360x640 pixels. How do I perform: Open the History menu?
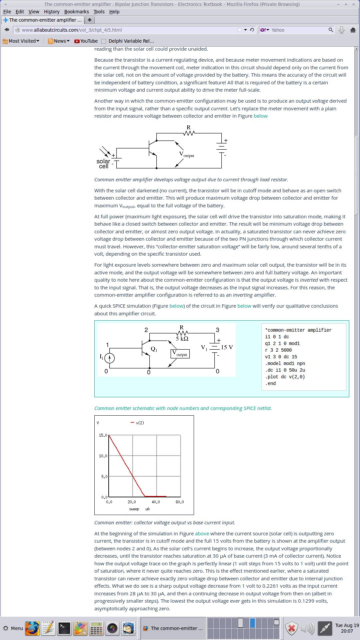coord(52,12)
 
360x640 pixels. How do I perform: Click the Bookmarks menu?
coord(77,12)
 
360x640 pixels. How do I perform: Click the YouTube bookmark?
coord(86,41)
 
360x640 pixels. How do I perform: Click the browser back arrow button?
coord(7,30)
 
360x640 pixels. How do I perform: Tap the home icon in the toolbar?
coord(353,30)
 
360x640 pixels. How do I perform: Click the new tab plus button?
coord(89,20)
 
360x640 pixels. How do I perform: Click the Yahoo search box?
coord(298,30)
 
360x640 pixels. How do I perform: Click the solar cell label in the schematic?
coord(103,164)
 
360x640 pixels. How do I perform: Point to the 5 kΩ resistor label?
coord(182,339)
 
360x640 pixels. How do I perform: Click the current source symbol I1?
coord(110,358)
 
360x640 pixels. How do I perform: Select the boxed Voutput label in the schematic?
coord(180,354)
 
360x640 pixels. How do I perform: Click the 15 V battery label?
coord(227,347)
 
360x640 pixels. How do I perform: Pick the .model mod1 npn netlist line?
coord(285,363)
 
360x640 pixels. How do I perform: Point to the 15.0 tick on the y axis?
coord(103,435)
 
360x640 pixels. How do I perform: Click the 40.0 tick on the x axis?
coord(156,502)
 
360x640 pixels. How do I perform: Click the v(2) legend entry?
coord(137,423)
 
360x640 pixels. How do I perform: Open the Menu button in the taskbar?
coord(13,628)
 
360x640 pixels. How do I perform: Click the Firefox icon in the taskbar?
coord(32,628)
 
